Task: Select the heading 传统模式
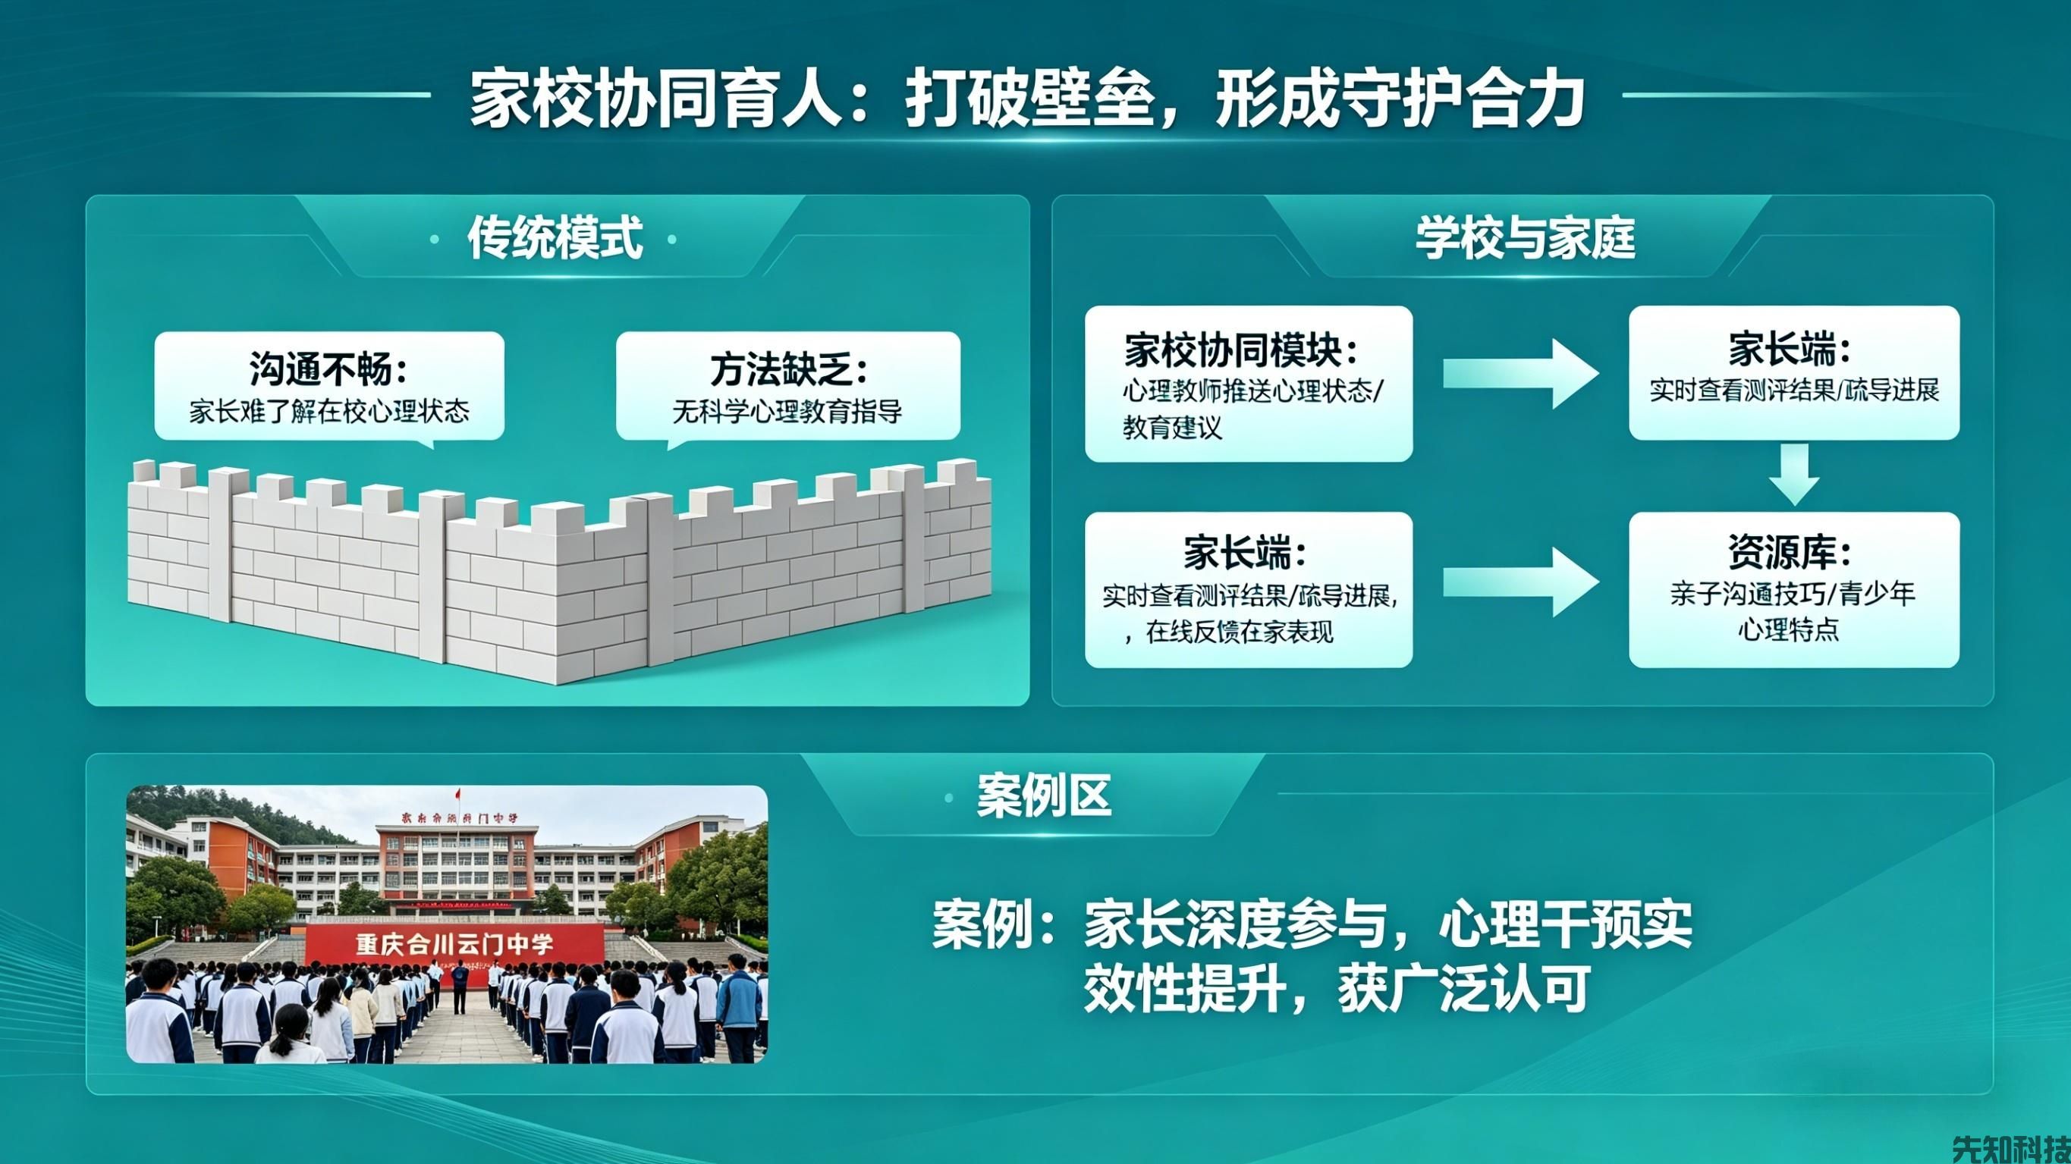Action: [555, 239]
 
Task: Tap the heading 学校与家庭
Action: [1525, 239]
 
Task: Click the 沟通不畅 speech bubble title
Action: [328, 369]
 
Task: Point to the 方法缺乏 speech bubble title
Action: [789, 370]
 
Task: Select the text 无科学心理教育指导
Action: [787, 412]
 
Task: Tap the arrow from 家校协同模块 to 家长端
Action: [1519, 374]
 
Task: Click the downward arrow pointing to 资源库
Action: [1794, 474]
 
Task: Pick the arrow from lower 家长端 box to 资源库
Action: [1519, 582]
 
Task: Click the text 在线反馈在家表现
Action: [1239, 632]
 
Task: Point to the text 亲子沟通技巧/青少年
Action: [1793, 594]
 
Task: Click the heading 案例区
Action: [1043, 795]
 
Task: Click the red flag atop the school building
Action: [458, 794]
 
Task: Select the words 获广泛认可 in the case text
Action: [1463, 990]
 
